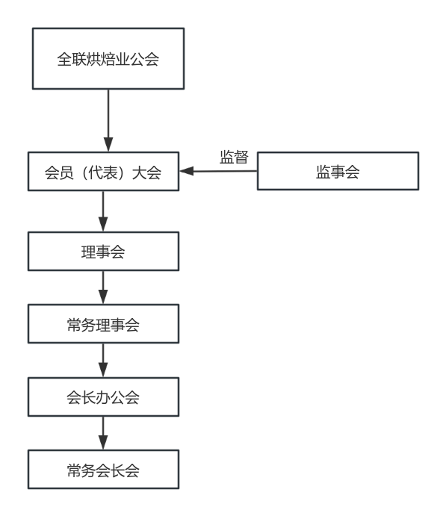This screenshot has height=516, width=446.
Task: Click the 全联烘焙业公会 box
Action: (x=108, y=58)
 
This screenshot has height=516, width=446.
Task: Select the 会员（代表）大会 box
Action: (x=103, y=172)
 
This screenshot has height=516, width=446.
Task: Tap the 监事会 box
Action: (x=338, y=171)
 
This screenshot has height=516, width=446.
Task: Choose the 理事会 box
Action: (x=103, y=252)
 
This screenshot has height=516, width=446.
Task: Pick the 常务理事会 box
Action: (x=103, y=324)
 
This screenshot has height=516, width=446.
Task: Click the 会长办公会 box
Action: (x=103, y=397)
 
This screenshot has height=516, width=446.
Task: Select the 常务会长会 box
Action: (x=103, y=469)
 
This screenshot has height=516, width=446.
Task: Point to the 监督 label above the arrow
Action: (x=234, y=157)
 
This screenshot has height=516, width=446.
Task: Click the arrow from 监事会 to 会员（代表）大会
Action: (x=218, y=171)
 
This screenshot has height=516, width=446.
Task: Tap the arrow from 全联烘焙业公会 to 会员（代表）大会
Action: (x=108, y=120)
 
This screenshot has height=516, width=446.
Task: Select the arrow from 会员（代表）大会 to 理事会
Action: (x=103, y=211)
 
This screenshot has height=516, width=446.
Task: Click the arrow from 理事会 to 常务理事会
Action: (x=103, y=287)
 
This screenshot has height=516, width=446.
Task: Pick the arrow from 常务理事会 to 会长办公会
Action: (x=103, y=361)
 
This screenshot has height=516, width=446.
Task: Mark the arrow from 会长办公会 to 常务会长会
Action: (x=103, y=433)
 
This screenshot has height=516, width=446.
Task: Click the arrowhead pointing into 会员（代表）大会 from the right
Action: (x=186, y=171)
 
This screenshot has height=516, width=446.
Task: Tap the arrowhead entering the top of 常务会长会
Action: (x=103, y=443)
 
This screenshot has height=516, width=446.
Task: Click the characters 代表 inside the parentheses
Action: (x=103, y=172)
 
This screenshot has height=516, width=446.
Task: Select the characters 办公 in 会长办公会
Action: (x=103, y=397)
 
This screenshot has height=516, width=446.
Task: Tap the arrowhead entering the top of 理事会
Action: (x=103, y=225)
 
